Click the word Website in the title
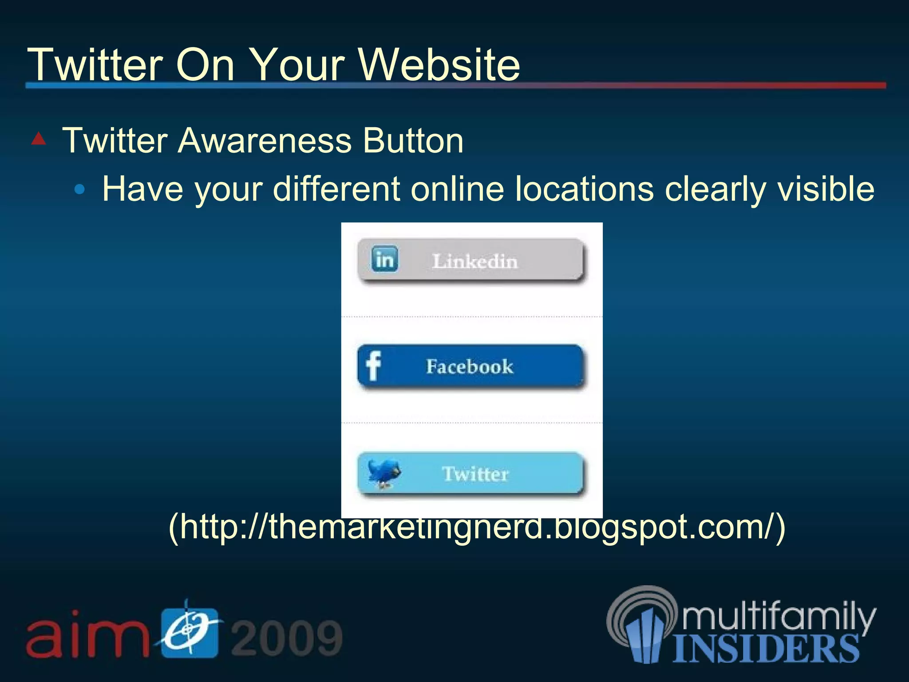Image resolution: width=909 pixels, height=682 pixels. pyautogui.click(x=439, y=65)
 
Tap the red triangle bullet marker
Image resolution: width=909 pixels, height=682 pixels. pyautogui.click(x=39, y=139)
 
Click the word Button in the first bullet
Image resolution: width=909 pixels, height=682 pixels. pyautogui.click(x=413, y=141)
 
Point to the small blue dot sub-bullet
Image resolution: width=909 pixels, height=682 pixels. pyautogui.click(x=79, y=190)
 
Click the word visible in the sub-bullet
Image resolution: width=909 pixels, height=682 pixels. pyautogui.click(x=825, y=189)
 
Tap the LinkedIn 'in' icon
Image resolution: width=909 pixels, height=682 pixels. pyautogui.click(x=384, y=259)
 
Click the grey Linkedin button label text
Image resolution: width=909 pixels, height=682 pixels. pyautogui.click(x=475, y=262)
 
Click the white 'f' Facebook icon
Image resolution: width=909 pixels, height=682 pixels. pyautogui.click(x=373, y=366)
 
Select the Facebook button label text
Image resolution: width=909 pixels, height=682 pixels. pyautogui.click(x=470, y=367)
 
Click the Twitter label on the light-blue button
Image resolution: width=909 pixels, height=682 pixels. pyautogui.click(x=475, y=474)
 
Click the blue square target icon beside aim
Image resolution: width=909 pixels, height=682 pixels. pyautogui.click(x=190, y=632)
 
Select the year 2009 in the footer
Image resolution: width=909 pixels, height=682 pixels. pyautogui.click(x=287, y=638)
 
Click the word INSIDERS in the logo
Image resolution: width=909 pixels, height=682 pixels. pyautogui.click(x=766, y=649)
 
